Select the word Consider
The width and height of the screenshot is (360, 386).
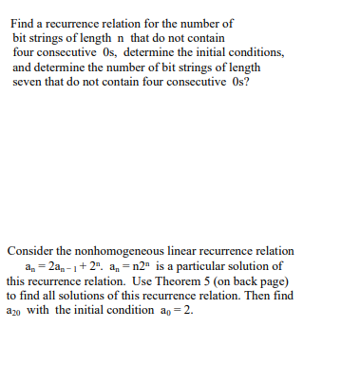[x=30, y=251]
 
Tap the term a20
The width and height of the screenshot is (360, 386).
[x=13, y=312]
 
